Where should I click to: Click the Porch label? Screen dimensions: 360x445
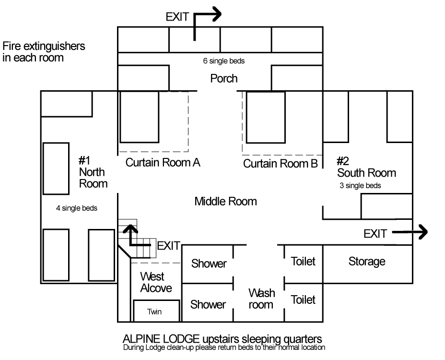224,78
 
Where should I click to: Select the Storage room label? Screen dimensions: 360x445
367,262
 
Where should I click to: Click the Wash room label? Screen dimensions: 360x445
261,299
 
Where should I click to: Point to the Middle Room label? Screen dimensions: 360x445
225,201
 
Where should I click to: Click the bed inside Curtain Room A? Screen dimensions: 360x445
139,117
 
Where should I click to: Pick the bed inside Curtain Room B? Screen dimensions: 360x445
266,117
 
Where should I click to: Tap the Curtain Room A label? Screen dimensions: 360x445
163,163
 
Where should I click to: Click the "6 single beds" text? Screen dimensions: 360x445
224,61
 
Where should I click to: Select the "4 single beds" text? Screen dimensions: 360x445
77,208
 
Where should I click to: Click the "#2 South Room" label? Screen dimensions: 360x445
366,167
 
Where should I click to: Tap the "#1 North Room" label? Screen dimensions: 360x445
93,172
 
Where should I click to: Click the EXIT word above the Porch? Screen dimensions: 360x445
177,17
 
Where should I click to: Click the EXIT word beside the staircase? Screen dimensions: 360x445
168,246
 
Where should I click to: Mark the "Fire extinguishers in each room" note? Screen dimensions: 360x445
44,52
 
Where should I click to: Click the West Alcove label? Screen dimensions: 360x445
156,282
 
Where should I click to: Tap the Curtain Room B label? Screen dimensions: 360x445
281,164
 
